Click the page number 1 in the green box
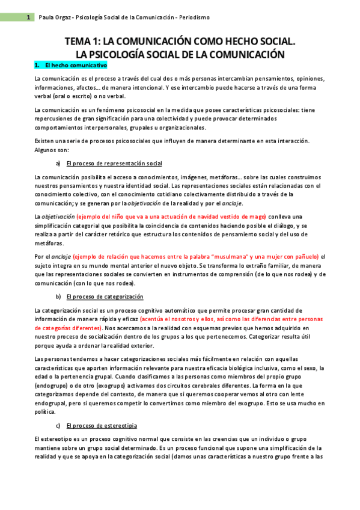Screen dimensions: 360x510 coord(28,17)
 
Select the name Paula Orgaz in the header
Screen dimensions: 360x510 coord(54,17)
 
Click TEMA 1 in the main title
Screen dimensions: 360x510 coord(82,41)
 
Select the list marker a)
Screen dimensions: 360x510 coord(58,164)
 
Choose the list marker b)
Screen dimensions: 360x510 coord(58,296)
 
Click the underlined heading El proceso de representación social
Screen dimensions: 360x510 coord(114,164)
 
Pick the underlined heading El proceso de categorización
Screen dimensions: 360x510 coord(105,296)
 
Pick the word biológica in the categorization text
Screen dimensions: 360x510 coord(255,367)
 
